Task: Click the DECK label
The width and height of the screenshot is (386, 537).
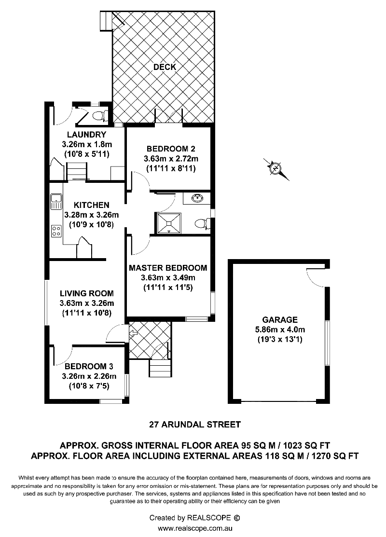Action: tap(165, 67)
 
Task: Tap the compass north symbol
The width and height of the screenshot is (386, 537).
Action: tap(276, 169)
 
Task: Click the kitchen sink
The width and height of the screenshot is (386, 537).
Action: tap(55, 201)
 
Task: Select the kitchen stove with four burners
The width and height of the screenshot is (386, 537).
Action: tap(56, 231)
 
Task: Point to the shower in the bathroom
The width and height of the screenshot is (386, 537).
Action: tap(168, 223)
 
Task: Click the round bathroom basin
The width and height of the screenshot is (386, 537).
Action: tap(196, 198)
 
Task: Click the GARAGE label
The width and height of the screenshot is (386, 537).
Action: tap(280, 320)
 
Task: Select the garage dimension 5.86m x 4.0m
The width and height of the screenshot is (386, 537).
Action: tap(280, 330)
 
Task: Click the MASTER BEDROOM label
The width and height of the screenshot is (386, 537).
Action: tap(168, 268)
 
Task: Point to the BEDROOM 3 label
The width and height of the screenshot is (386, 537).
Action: tap(89, 367)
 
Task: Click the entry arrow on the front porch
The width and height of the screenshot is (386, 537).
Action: tap(133, 332)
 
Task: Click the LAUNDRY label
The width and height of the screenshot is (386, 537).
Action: tap(87, 135)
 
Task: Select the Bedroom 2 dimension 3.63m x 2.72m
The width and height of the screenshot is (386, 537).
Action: tap(171, 159)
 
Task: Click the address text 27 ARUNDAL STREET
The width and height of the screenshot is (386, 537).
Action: tap(195, 425)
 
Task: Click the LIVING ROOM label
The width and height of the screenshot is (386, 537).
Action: tap(87, 293)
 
